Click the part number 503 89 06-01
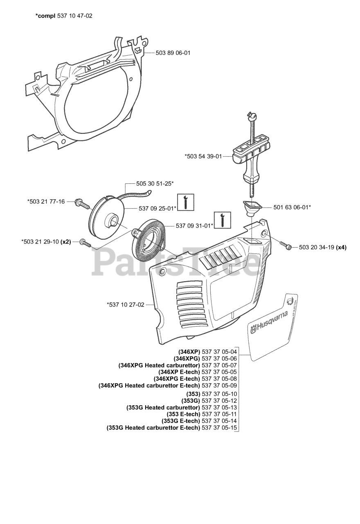coord(173,53)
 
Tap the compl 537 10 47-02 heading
coord(63,16)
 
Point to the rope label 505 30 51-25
coord(155,184)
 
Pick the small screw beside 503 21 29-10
coord(85,242)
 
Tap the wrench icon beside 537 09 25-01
coord(186,202)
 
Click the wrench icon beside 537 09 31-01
coord(223,220)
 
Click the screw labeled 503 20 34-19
coord(285,245)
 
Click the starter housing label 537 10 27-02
coord(126,305)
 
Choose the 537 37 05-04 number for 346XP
coord(219,358)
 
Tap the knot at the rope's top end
coord(253,115)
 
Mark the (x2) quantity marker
coord(66,242)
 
